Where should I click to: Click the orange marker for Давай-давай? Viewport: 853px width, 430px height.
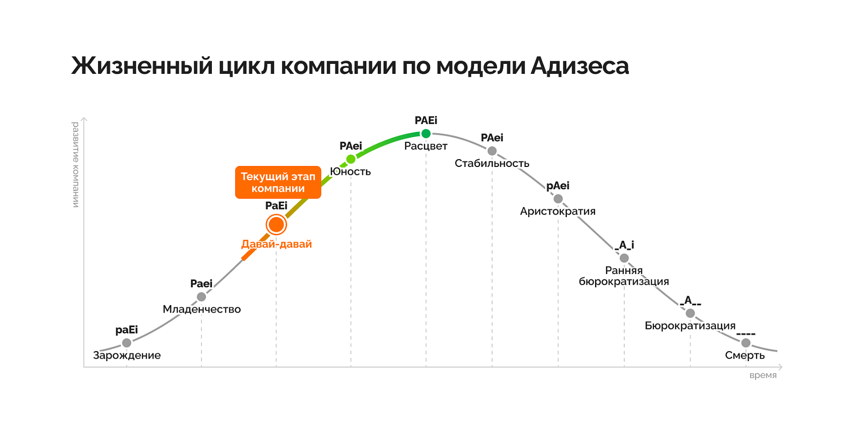point(276,225)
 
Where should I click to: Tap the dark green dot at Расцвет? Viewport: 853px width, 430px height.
point(426,134)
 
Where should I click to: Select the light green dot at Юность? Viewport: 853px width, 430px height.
point(351,159)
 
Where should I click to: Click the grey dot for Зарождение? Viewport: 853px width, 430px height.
point(127,343)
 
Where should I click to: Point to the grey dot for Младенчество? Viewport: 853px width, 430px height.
point(201,297)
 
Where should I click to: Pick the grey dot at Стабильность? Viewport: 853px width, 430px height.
point(492,151)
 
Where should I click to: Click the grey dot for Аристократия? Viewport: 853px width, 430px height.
point(558,199)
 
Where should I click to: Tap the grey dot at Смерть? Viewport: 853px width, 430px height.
point(746,343)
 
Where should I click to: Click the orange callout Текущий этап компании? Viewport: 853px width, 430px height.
point(278,182)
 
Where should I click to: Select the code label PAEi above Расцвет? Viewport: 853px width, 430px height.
point(426,120)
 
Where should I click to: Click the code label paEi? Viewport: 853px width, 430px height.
point(127,330)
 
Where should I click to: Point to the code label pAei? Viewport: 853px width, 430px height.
point(558,186)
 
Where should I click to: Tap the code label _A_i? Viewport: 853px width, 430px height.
point(624,245)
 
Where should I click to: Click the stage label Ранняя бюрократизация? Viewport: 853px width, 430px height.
point(624,276)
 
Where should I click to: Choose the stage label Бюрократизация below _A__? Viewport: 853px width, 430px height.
point(690,325)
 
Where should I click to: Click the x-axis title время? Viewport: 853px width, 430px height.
point(763,376)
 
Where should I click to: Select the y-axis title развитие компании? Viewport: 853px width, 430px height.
point(76,164)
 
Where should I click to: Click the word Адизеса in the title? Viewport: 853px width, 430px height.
point(580,66)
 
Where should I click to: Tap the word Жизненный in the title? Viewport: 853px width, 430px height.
point(142,66)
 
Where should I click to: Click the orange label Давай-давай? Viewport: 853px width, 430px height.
point(276,244)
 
